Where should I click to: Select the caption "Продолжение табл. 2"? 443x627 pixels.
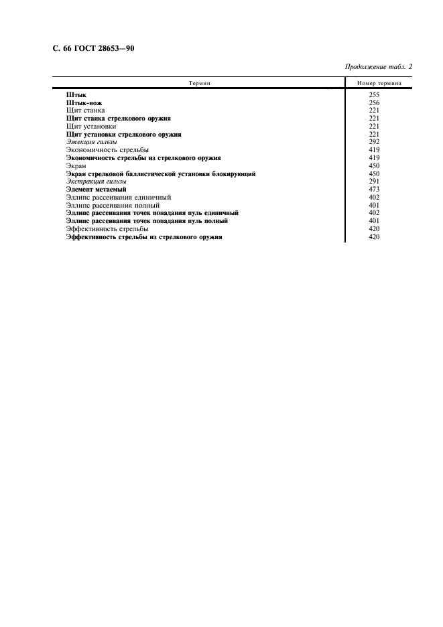[378, 67]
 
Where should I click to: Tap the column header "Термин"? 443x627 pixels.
[199, 83]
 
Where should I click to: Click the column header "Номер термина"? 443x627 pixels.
[379, 83]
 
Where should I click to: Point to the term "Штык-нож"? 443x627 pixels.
[84, 103]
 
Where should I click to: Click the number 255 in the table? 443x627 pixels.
[375, 95]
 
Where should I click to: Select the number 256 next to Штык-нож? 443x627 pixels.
[375, 103]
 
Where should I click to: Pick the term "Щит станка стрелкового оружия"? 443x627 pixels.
[119, 119]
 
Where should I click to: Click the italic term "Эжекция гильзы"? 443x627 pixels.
[92, 142]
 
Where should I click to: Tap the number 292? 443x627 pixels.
[375, 142]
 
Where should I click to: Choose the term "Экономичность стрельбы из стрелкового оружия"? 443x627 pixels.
[145, 157]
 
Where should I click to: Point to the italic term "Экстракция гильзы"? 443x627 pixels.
[97, 182]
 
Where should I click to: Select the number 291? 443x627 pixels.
[375, 182]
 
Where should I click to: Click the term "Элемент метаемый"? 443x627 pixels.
[97, 190]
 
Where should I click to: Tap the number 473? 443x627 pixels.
[375, 190]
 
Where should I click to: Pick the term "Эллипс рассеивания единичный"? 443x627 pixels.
[119, 198]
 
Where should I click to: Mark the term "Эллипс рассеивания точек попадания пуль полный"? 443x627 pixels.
[147, 221]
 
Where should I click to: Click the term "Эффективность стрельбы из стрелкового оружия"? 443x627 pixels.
[144, 237]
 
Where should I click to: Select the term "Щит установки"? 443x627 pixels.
[92, 127]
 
